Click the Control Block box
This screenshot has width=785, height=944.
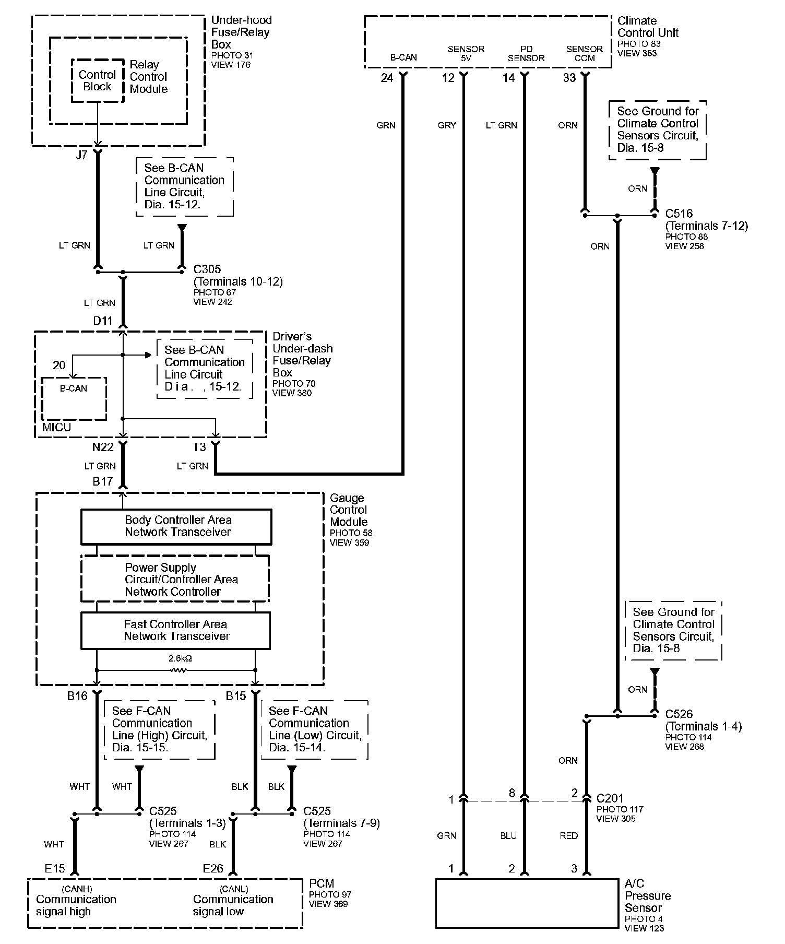pos(98,81)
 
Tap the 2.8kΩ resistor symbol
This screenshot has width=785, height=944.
pos(179,670)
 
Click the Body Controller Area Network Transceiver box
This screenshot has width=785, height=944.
pos(176,526)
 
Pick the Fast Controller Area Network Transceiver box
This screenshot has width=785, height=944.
pos(176,630)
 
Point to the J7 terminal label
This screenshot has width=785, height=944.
pos(81,155)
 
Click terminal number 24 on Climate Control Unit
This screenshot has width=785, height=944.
pos(387,78)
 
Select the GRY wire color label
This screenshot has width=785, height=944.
pos(447,125)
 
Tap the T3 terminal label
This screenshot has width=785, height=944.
pos(199,447)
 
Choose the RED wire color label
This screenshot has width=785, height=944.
pos(568,836)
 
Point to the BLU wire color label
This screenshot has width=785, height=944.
pos(508,836)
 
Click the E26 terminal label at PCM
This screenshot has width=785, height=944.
pos(213,868)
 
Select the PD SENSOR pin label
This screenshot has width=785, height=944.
pos(526,54)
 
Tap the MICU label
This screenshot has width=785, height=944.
pos(56,427)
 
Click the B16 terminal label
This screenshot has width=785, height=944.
pos(77,696)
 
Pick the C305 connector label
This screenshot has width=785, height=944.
pos(207,269)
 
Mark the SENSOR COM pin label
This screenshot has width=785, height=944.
pos(585,54)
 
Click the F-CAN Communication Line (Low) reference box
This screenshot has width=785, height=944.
pos(314,729)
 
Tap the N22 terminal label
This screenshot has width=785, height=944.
pos(102,447)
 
